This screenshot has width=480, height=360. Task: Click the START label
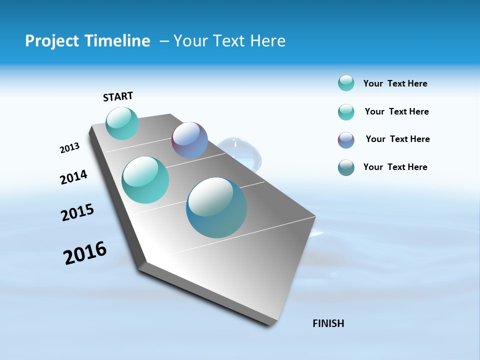pos(118,96)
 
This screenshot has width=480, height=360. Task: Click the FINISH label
pos(328,323)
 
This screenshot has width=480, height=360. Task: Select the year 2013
pos(69,148)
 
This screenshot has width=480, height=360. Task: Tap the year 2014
pos(73,177)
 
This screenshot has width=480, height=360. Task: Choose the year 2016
pos(85,253)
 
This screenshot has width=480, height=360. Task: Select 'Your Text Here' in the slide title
pos(229,41)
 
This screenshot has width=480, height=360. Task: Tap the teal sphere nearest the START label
pos(122,123)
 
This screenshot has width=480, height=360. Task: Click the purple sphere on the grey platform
pos(189,140)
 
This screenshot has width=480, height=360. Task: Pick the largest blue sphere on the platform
pos(216,207)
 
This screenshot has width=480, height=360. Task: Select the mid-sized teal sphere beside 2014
pos(145,180)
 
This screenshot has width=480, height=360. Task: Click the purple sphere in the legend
pos(346,140)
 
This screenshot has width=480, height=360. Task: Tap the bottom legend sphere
pos(346,167)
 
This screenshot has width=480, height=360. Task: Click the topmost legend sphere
pos(346,83)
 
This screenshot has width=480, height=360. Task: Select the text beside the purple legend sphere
pos(397,139)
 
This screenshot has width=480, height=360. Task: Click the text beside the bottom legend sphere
pos(395,167)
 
